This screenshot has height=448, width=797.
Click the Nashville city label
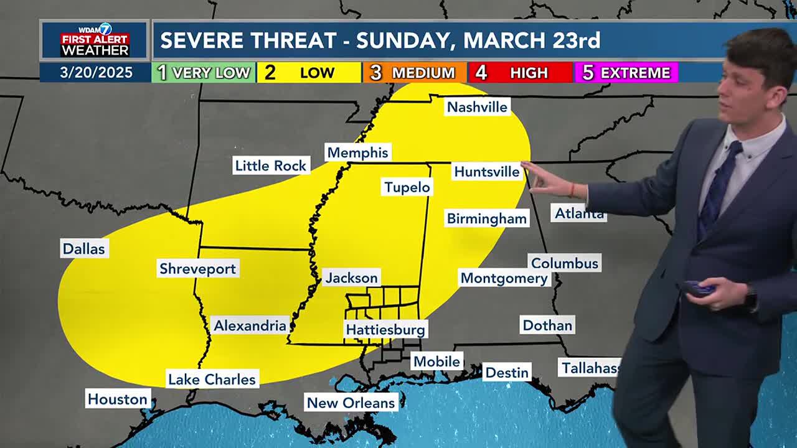click(478, 107)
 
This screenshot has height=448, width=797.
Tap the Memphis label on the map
click(357, 152)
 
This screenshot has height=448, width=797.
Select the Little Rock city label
click(270, 166)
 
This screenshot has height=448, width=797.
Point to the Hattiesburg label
click(385, 330)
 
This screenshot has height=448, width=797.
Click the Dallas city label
click(83, 249)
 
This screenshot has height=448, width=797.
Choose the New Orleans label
click(351, 403)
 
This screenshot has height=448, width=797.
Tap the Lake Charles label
click(212, 379)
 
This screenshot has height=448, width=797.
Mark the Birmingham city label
click(486, 218)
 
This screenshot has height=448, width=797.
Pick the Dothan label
click(547, 325)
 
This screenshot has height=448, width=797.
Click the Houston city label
click(117, 399)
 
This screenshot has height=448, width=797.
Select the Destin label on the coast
click(506, 372)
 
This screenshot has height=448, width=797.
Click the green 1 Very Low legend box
click(204, 73)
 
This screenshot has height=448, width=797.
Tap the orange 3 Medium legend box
click(414, 73)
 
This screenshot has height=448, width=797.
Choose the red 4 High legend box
click(520, 73)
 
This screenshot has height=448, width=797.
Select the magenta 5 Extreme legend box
click(626, 73)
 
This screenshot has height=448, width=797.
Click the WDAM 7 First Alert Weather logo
click(95, 40)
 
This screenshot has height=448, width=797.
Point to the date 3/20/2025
click(96, 73)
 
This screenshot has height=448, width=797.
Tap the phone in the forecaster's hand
click(698, 289)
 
